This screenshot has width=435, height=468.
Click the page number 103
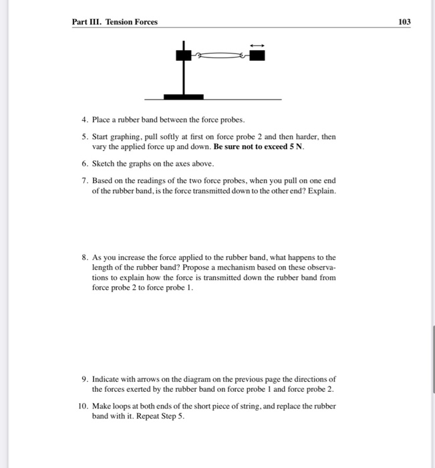(x=404, y=22)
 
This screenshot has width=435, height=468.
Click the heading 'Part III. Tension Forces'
(x=115, y=22)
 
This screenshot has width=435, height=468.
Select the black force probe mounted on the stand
(x=182, y=57)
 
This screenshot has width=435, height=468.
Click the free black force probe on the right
(x=257, y=56)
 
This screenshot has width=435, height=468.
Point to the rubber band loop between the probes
(x=221, y=58)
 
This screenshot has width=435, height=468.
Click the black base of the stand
(x=183, y=96)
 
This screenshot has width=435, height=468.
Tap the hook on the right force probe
(x=245, y=58)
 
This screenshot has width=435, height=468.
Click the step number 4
(x=84, y=120)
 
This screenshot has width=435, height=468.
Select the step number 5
(x=84, y=136)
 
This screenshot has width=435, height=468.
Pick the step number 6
(x=84, y=164)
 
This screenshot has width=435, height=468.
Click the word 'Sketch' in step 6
(x=104, y=164)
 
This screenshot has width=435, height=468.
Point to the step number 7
(x=84, y=181)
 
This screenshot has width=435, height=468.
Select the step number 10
(x=82, y=406)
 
